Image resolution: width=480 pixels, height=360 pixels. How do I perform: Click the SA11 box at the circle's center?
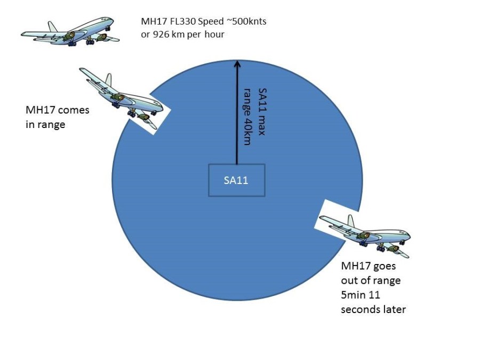coord(236,180)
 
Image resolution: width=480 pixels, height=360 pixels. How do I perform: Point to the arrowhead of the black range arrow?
coord(236,63)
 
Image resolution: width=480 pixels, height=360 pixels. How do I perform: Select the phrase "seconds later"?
coord(373,309)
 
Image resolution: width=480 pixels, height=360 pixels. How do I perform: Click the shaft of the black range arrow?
coord(236,117)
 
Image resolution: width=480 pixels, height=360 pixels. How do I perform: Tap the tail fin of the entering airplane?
coord(109,81)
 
